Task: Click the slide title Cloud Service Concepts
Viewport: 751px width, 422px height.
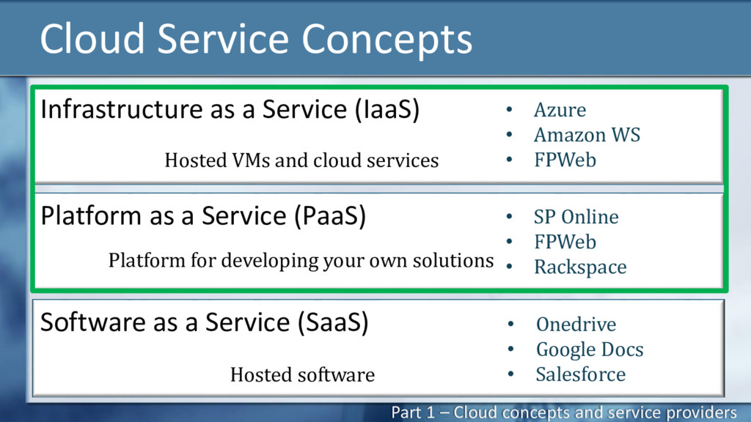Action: (x=255, y=39)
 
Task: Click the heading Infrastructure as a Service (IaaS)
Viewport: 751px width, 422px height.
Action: (x=230, y=110)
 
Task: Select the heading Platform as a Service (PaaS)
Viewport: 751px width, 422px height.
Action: (x=203, y=216)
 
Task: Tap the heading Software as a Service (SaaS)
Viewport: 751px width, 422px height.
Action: (x=204, y=322)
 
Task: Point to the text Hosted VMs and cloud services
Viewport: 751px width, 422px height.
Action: (x=301, y=160)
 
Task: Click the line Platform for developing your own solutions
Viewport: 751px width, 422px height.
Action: (x=301, y=260)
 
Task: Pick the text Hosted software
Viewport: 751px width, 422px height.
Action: (x=302, y=375)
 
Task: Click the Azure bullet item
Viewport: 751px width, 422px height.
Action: (x=560, y=110)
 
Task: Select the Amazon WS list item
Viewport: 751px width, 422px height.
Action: (x=587, y=135)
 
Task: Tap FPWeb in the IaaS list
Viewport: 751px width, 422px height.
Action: (x=565, y=160)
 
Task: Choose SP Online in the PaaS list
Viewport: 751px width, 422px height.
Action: (x=576, y=217)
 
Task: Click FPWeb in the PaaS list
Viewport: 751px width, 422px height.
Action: (x=565, y=242)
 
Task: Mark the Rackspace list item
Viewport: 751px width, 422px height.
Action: (x=580, y=267)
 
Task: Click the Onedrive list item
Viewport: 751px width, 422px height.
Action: (x=576, y=325)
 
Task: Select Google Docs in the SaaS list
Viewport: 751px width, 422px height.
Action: (x=589, y=349)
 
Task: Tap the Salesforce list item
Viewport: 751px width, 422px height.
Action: (x=580, y=374)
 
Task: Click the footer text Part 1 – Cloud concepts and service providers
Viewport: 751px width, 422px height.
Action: (x=563, y=412)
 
